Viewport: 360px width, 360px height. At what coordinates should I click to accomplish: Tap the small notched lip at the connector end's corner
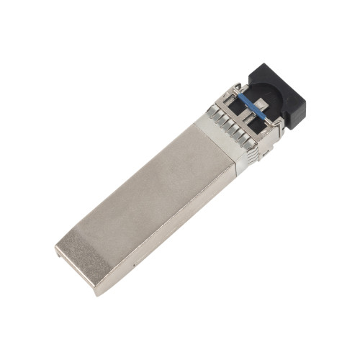pyautogui.click(x=58, y=250)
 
